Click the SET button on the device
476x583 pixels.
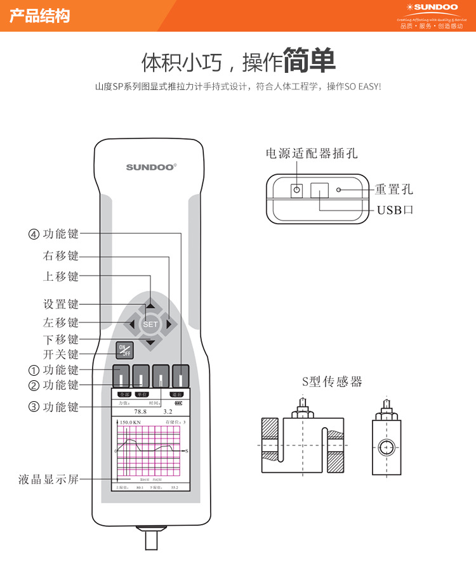click(x=150, y=324)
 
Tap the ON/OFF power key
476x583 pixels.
click(x=124, y=350)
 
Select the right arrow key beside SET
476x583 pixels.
click(x=168, y=324)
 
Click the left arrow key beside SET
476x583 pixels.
click(x=132, y=324)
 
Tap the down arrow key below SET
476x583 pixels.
click(x=150, y=343)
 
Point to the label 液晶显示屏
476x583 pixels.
click(x=48, y=480)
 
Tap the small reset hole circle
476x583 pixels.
click(x=340, y=189)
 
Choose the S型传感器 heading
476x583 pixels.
click(x=332, y=381)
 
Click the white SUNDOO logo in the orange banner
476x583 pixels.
click(x=433, y=9)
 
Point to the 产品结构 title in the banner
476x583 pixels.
click(x=39, y=16)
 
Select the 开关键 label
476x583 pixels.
click(x=61, y=354)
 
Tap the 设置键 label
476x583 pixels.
click(x=61, y=305)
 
